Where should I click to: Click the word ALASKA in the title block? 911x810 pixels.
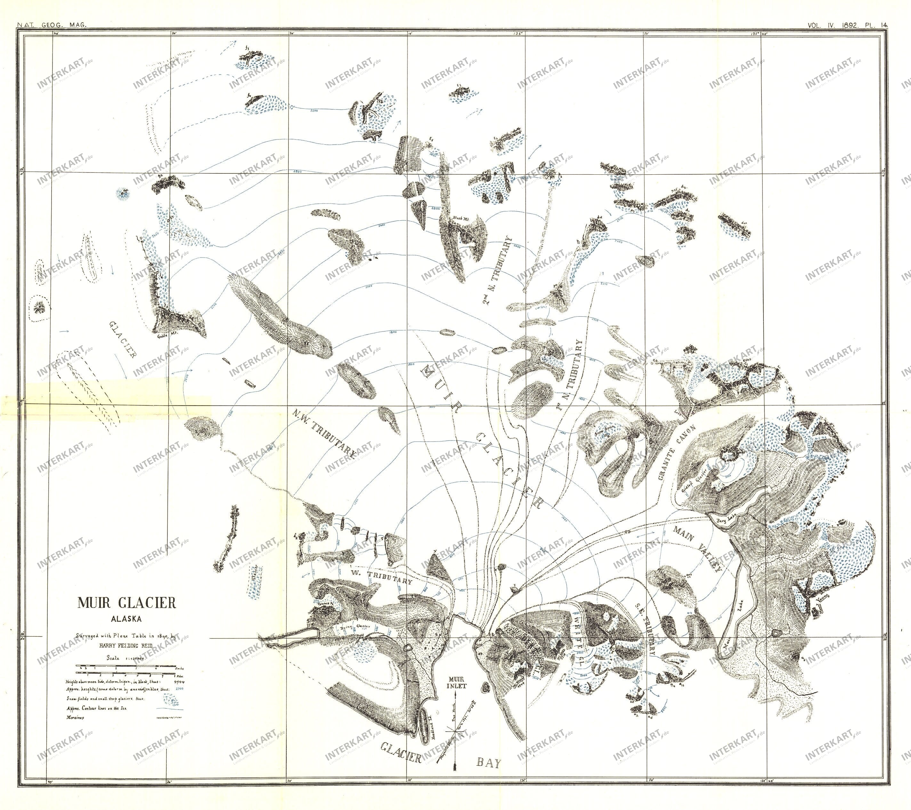[126, 619]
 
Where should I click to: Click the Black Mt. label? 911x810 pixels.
[458, 219]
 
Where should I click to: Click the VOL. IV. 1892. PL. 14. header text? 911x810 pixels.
[847, 25]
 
